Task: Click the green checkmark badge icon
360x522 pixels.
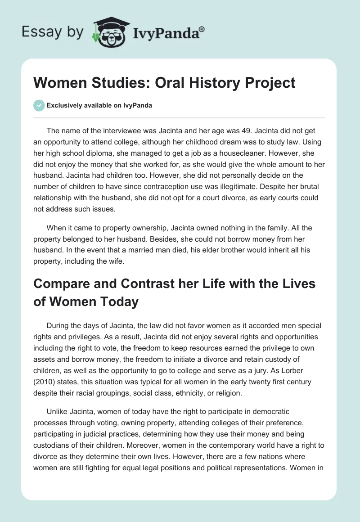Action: pyautogui.click(x=39, y=105)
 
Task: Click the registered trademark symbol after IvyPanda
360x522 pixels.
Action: pyautogui.click(x=202, y=29)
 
